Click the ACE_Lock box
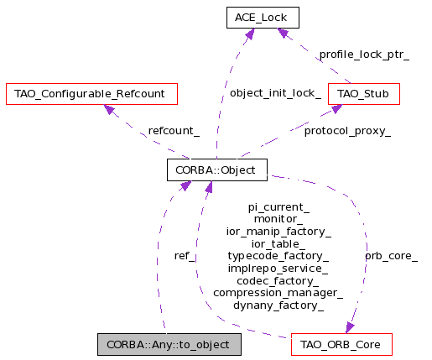pos(263,18)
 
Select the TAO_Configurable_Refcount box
pos(91,94)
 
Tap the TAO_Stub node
pos(364,94)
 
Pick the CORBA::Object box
pos(217,170)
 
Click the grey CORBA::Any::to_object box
pos(169,344)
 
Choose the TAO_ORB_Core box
pos(341,344)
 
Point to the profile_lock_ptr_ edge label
pos(364,55)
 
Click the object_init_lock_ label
pos(275,93)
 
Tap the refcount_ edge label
pos(174,131)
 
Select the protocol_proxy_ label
pos(347,131)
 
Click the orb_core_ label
pos(392,256)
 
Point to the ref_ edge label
pos(185,256)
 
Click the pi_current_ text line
pos(278,207)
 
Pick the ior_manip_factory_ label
pos(278,232)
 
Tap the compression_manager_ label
pos(278,293)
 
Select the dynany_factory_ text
pos(278,305)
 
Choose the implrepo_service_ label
pos(278,269)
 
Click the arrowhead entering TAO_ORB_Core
pos(350,327)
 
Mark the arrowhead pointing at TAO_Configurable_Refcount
pos(109,109)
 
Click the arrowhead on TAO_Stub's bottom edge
pos(336,108)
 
